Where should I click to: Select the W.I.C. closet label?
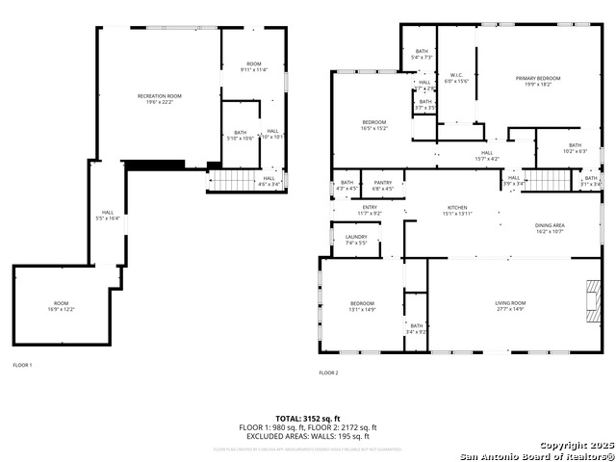point(455,77)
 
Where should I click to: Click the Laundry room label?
point(356,240)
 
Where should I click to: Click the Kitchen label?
point(456,210)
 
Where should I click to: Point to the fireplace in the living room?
point(589,298)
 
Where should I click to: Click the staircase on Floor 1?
point(230,180)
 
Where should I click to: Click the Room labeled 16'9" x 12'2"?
point(61,305)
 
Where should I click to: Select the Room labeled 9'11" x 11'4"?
point(254,66)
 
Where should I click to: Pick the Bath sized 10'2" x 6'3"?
point(575,148)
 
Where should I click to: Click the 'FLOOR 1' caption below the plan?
point(22,366)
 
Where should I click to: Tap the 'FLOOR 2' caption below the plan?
point(329,372)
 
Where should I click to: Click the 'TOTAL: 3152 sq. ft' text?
point(308,418)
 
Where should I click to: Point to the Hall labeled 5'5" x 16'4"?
point(108,216)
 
